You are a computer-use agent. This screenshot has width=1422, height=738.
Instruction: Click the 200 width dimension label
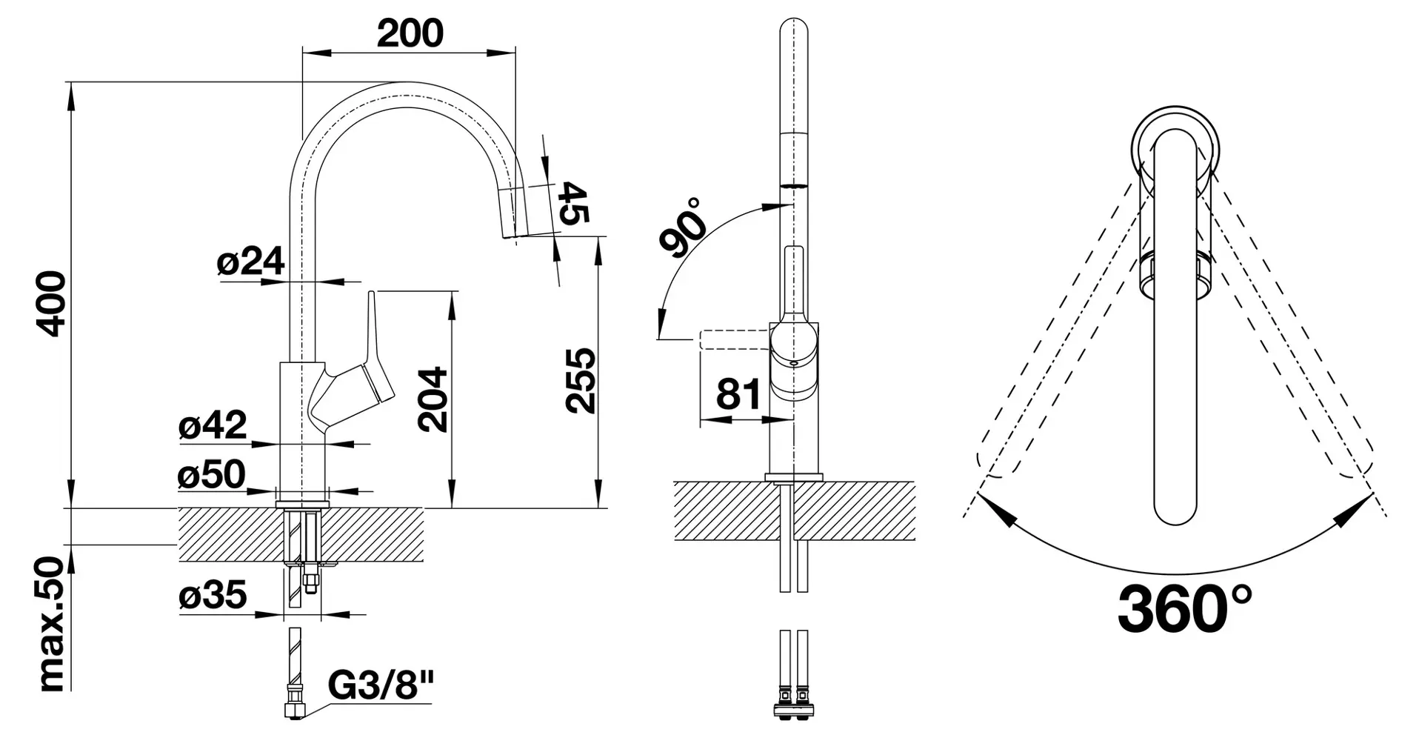point(410,33)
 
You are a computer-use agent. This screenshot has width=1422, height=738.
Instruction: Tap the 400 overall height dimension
point(53,303)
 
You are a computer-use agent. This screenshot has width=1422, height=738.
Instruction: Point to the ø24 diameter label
point(250,262)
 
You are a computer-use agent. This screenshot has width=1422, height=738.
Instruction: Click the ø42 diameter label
point(213,426)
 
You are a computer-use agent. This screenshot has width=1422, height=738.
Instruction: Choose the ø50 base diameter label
point(211,474)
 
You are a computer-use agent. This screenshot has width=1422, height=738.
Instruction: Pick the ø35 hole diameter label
point(213,595)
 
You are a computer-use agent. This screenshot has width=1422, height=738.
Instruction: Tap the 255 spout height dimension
point(581,380)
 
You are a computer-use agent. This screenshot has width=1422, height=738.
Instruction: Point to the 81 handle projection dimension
point(738,393)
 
